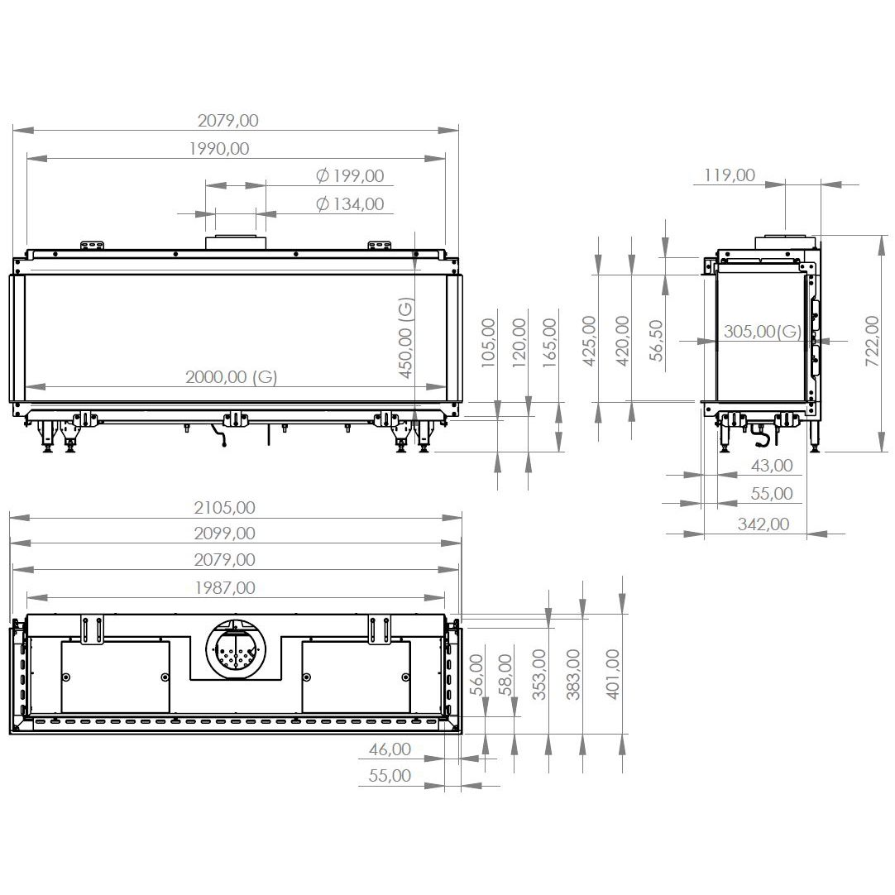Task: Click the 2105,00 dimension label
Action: click(224, 507)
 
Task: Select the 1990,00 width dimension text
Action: click(219, 148)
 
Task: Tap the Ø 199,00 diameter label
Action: click(350, 176)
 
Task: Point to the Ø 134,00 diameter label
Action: click(350, 203)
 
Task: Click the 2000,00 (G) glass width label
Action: click(231, 376)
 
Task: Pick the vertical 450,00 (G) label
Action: click(405, 337)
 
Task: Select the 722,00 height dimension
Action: click(872, 341)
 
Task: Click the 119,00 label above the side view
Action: click(730, 175)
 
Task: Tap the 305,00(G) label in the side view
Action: click(763, 331)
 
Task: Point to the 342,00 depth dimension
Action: click(763, 524)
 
